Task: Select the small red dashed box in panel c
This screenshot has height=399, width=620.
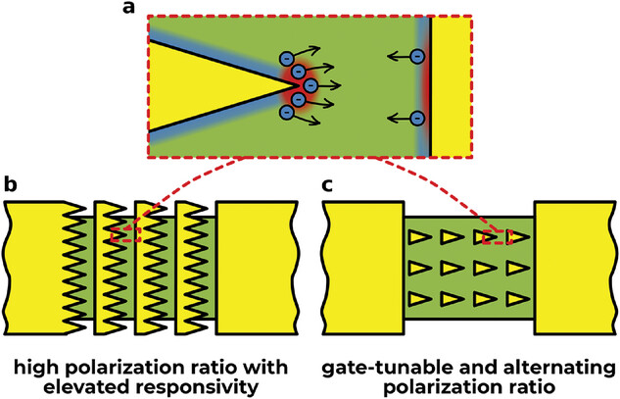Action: tap(497, 235)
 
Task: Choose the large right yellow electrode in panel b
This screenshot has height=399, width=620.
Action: tap(256, 258)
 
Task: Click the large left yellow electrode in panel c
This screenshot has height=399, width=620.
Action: tap(363, 258)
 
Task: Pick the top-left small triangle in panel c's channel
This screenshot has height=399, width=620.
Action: tap(419, 236)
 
